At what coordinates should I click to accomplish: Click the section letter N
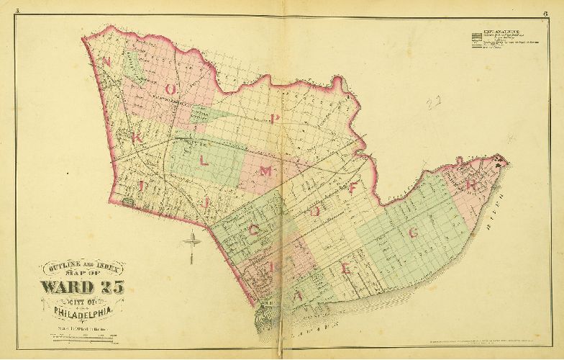click(x=106, y=62)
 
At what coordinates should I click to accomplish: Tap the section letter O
click(x=171, y=88)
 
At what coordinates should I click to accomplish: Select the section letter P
click(x=276, y=117)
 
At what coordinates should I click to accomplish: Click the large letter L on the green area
click(x=204, y=161)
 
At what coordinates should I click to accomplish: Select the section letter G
click(x=413, y=232)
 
